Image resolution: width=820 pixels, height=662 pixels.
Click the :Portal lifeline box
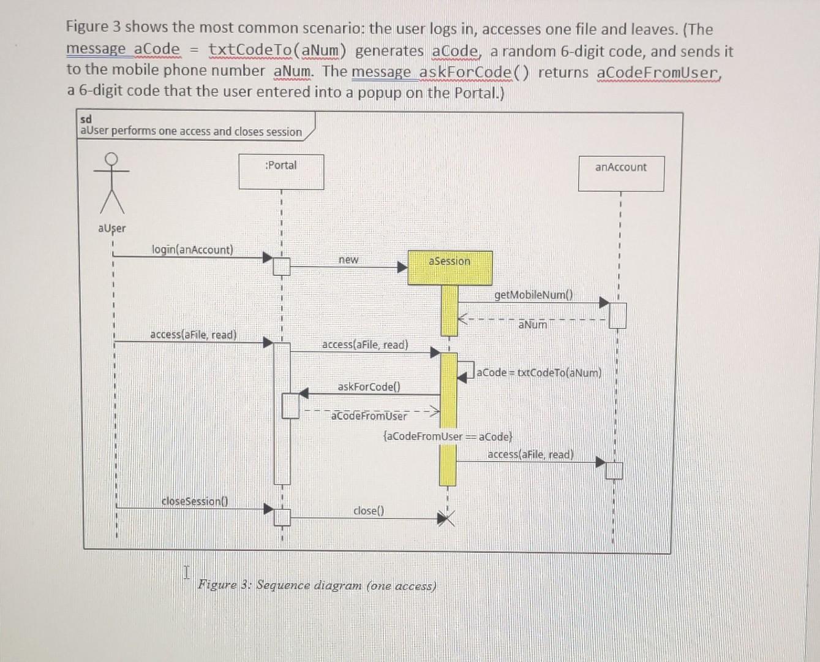tap(281, 172)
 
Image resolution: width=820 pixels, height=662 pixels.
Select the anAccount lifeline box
tap(621, 173)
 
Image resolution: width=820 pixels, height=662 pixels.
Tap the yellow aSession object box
tap(450, 267)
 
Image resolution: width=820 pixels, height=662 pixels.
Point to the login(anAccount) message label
tap(192, 249)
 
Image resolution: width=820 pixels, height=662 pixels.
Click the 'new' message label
tap(348, 260)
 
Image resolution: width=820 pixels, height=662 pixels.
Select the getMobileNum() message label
tap(533, 295)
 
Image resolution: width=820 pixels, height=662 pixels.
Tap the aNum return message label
tap(533, 324)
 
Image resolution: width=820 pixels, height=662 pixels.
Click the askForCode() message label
tap(369, 387)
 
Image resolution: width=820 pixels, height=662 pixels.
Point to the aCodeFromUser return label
tap(369, 416)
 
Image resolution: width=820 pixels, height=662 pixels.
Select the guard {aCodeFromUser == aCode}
tap(447, 436)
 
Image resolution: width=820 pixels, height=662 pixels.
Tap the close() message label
tap(369, 511)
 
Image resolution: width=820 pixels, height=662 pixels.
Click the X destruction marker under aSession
tap(447, 520)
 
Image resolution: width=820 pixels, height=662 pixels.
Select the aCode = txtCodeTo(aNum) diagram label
tap(539, 373)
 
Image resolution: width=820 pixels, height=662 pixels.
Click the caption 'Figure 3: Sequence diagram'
tap(317, 585)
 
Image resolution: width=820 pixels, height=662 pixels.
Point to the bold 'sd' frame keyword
tap(86, 119)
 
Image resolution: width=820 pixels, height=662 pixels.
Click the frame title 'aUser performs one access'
tap(191, 131)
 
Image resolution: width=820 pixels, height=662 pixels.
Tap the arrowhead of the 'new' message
tap(402, 267)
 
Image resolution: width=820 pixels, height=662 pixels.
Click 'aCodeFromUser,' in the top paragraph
tap(659, 72)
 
